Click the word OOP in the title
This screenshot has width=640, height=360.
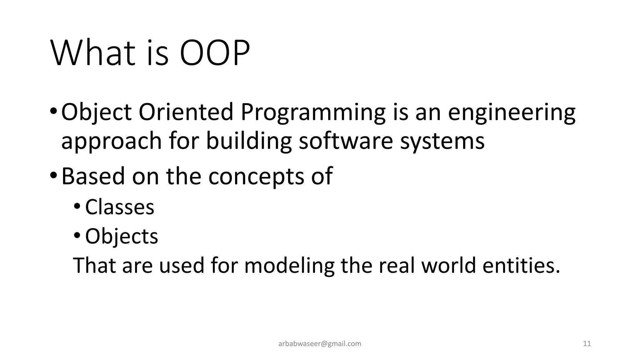click(x=215, y=53)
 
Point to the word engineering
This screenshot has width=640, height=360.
click(x=512, y=112)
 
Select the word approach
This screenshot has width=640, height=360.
click(x=111, y=141)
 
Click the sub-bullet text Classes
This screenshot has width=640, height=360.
click(x=120, y=207)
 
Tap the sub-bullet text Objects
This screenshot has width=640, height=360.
click(x=122, y=236)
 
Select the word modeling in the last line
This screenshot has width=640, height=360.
click(x=289, y=265)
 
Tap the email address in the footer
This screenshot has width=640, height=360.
click(x=320, y=344)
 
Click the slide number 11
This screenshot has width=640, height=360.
click(x=587, y=344)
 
